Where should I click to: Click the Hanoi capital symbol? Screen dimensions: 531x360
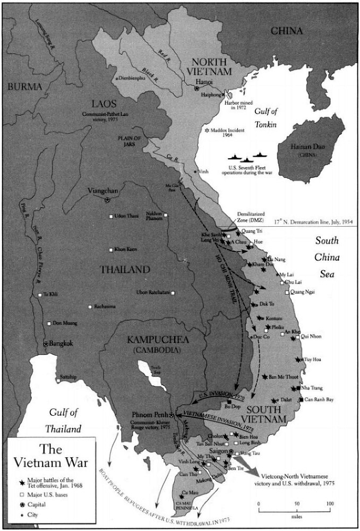[197, 90]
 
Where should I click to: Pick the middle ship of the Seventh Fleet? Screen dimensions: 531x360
[247, 159]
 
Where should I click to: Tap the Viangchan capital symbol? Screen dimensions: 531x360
[108, 200]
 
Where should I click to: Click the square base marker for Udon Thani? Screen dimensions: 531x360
[111, 216]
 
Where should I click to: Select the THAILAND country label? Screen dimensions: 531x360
[125, 270]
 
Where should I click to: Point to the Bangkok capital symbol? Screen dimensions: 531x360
[46, 344]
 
